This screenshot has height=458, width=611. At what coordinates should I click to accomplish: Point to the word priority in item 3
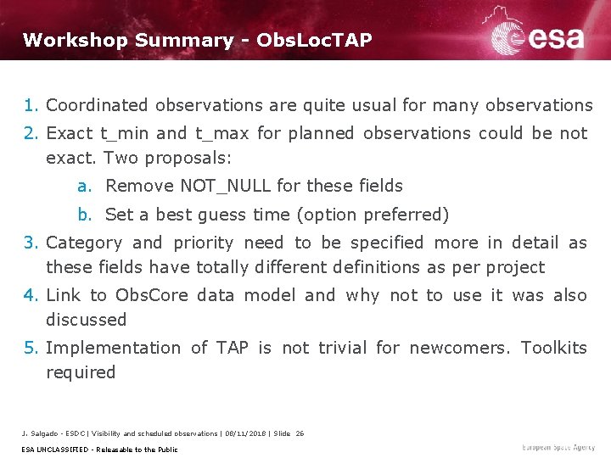pyautogui.click(x=204, y=243)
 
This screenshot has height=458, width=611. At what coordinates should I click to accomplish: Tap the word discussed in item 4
pyautogui.click(x=86, y=320)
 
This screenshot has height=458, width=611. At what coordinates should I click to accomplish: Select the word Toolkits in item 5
pyautogui.click(x=553, y=349)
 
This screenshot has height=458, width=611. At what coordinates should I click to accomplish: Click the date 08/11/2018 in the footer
pyautogui.click(x=243, y=433)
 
